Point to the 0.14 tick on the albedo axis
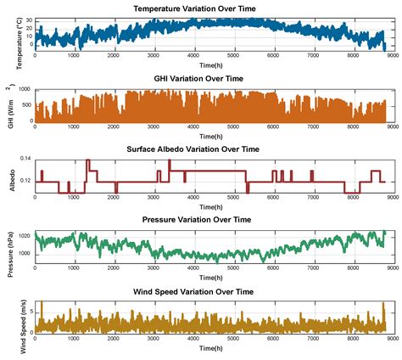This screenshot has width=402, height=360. point(25,160)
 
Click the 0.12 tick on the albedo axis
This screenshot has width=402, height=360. point(25,181)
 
